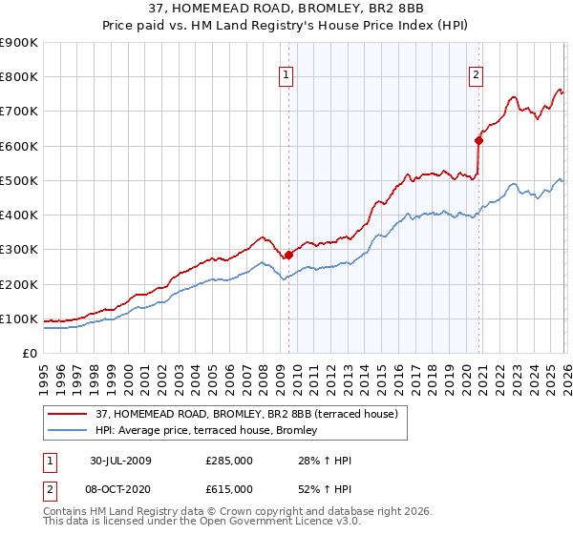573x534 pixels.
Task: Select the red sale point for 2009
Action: (x=288, y=255)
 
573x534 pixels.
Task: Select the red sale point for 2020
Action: (x=479, y=140)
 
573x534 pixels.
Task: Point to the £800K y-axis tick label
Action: (x=19, y=77)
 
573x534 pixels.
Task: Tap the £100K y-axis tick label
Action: (x=19, y=318)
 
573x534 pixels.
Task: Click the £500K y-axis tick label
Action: (x=19, y=180)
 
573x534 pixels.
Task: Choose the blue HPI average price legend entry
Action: (x=210, y=431)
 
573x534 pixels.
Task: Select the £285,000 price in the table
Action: (x=228, y=461)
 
